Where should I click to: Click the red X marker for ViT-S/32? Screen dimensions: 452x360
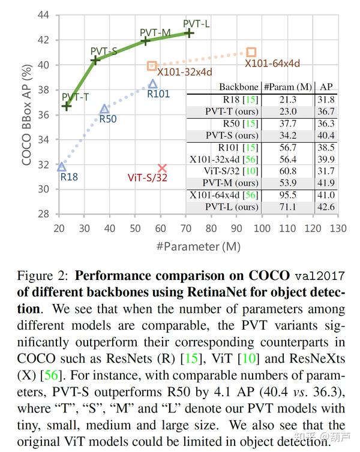[x=162, y=168]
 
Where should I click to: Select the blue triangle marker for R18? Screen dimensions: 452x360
[x=61, y=167]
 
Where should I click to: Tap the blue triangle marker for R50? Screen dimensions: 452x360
[x=104, y=109]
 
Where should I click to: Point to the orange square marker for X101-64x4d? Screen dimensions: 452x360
[x=251, y=53]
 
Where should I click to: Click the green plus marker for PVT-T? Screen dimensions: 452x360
[x=67, y=106]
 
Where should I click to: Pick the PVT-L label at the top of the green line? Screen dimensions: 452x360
[x=196, y=24]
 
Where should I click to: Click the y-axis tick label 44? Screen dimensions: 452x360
[x=43, y=16]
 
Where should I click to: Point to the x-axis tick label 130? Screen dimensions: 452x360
[x=338, y=228]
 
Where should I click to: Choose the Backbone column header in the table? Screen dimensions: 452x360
[x=239, y=87]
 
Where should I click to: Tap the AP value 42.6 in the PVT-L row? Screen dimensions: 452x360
[x=327, y=207]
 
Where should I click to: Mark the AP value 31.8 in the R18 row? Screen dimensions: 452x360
[x=327, y=99]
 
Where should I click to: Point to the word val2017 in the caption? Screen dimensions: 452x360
[x=320, y=277]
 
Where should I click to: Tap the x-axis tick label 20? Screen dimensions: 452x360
[x=59, y=228]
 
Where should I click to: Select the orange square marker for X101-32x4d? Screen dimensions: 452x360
[x=152, y=66]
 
